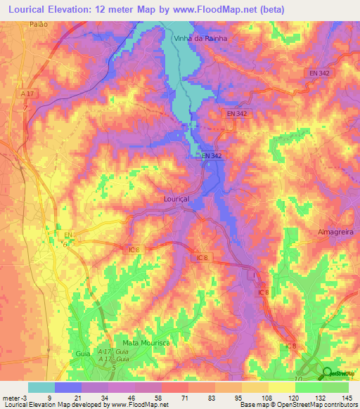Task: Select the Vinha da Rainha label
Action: [200, 39]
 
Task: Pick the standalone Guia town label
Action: [83, 353]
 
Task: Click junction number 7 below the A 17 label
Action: [25, 108]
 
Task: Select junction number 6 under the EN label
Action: [66, 244]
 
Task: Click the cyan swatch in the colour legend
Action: [41, 387]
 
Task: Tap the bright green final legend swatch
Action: [335, 387]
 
